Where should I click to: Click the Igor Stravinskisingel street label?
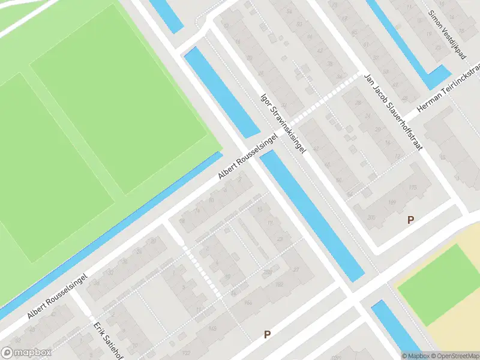point(283,122)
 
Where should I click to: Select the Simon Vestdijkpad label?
point(447,34)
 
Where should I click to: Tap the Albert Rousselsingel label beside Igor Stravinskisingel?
point(248,156)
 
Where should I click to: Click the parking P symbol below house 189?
point(410,220)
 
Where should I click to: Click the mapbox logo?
point(26,353)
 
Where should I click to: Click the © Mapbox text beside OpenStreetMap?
point(414,355)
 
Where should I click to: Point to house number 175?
point(412,188)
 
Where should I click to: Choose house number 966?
point(247,302)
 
